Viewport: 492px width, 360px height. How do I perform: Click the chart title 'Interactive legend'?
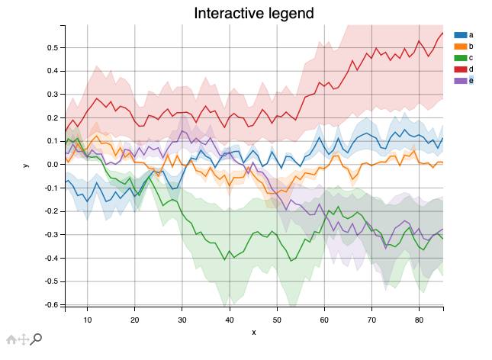pyautogui.click(x=253, y=13)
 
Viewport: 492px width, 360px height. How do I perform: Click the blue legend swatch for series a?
pyautogui.click(x=460, y=35)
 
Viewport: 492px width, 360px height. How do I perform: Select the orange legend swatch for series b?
pyautogui.click(x=460, y=47)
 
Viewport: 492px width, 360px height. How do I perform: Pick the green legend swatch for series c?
pyautogui.click(x=460, y=58)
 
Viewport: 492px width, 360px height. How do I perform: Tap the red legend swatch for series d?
pyautogui.click(x=460, y=69)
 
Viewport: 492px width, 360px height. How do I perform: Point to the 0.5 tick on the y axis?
pyautogui.click(x=53, y=47)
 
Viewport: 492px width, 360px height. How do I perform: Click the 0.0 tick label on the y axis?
pyautogui.click(x=53, y=165)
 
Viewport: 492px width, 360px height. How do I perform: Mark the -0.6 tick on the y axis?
pyautogui.click(x=53, y=305)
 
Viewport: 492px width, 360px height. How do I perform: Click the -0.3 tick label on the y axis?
pyautogui.click(x=53, y=235)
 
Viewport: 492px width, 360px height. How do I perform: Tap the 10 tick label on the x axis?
pyautogui.click(x=87, y=320)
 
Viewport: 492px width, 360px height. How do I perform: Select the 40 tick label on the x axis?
pyautogui.click(x=230, y=320)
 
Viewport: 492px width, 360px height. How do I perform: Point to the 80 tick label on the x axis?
pyautogui.click(x=419, y=320)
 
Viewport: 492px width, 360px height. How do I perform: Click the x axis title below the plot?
pyautogui.click(x=253, y=332)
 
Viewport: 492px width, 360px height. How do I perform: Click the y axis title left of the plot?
pyautogui.click(x=25, y=165)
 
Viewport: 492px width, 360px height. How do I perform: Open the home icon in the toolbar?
pyautogui.click(x=11, y=339)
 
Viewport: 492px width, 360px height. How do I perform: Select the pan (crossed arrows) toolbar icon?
pyautogui.click(x=23, y=339)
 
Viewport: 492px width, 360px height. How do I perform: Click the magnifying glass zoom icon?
pyautogui.click(x=36, y=339)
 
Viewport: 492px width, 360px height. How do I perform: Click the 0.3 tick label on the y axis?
pyautogui.click(x=53, y=95)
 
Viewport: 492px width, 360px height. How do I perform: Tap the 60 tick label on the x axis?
pyautogui.click(x=324, y=320)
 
